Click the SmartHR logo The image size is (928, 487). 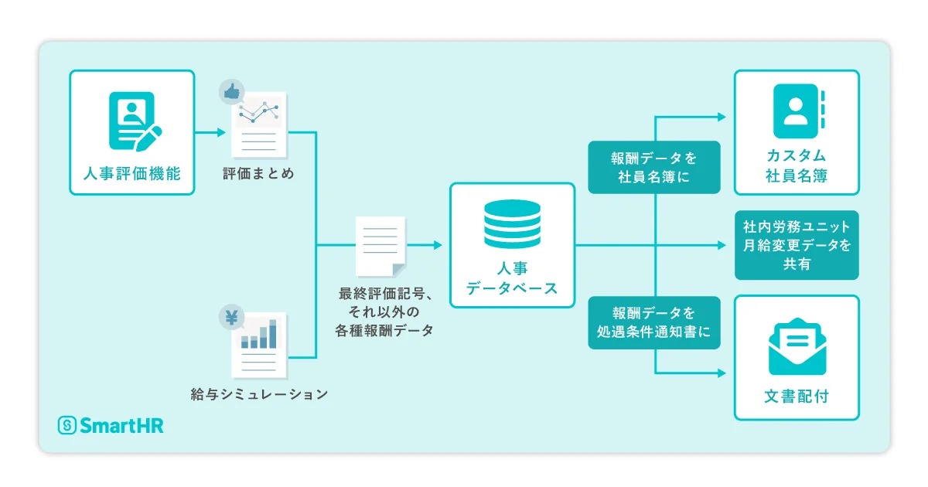tap(111, 425)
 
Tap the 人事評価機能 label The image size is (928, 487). tap(132, 173)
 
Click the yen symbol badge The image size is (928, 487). tap(231, 317)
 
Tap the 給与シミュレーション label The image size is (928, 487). tap(259, 394)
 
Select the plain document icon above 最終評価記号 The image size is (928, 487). tap(380, 246)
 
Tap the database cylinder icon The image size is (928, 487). tap(512, 223)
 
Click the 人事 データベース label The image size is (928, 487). tap(512, 279)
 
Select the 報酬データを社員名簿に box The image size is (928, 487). tap(654, 167)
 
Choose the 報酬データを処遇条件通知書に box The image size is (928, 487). tap(654, 322)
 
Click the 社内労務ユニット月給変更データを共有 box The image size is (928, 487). tap(797, 245)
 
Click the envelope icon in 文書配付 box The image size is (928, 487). tap(797, 346)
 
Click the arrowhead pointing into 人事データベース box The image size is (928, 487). tap(438, 245)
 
